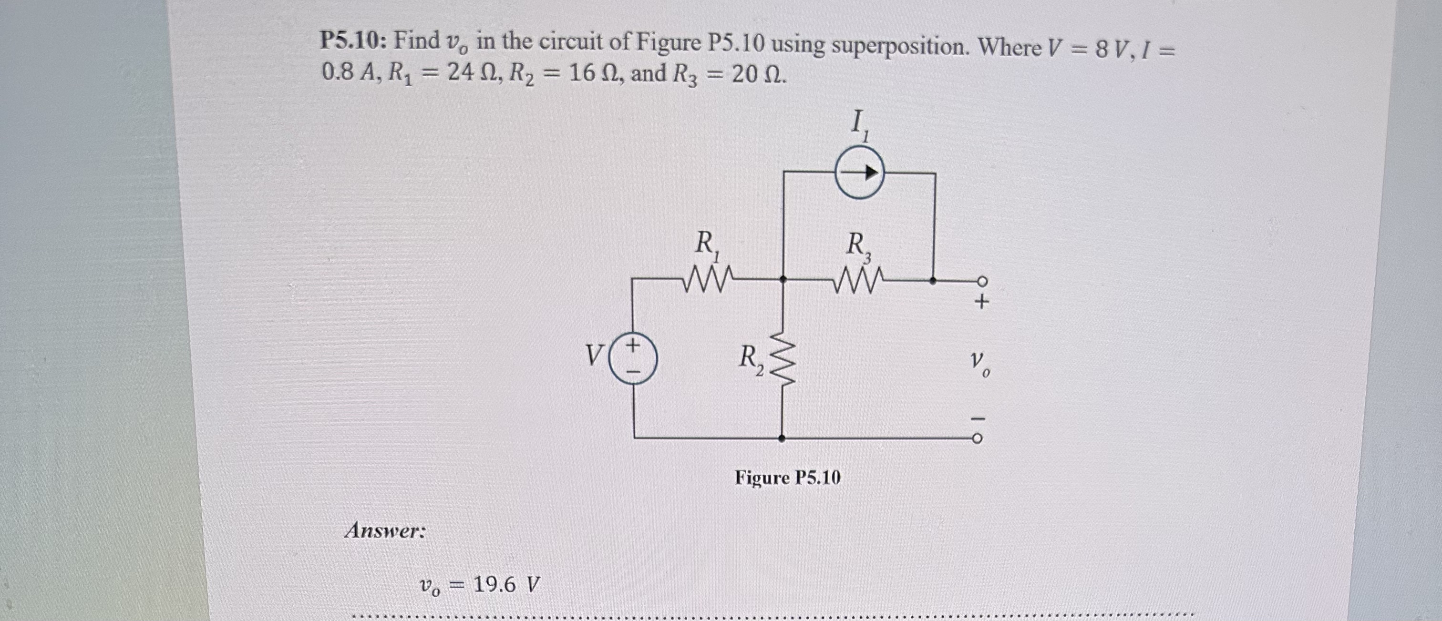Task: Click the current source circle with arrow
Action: (x=859, y=173)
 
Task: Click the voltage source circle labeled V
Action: (x=633, y=358)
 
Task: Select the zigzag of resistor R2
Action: (x=783, y=358)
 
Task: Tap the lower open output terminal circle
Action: (x=976, y=439)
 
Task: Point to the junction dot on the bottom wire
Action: (x=782, y=438)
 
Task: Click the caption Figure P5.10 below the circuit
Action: (x=787, y=478)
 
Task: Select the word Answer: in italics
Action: (x=385, y=530)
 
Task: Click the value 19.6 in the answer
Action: (x=494, y=585)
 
